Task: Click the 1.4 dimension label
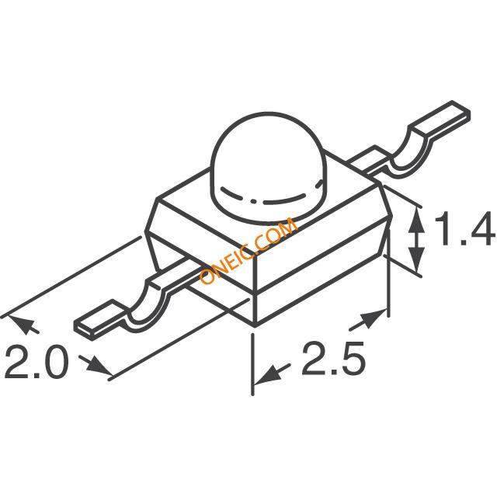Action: tap(464, 228)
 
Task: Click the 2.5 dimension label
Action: tap(333, 359)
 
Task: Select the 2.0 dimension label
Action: tap(36, 362)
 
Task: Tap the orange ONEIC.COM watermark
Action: tap(248, 250)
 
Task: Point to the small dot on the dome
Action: tap(253, 201)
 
